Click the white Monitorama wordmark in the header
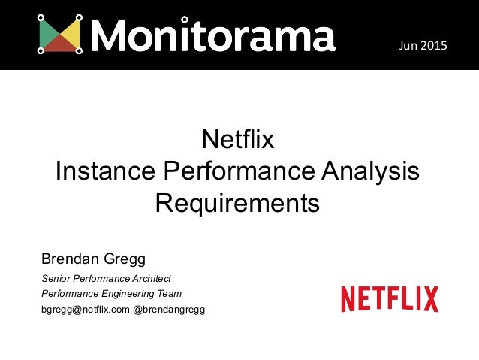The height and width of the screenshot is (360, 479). [x=213, y=35]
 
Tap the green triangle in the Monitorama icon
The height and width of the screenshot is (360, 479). [x=48, y=35]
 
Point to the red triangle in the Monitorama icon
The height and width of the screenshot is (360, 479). [x=61, y=44]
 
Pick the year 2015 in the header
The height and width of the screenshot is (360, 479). [x=432, y=47]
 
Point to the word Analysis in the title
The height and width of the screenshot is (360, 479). [x=367, y=171]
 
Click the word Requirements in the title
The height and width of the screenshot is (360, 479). [x=237, y=203]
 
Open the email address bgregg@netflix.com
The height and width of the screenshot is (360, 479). [x=85, y=310]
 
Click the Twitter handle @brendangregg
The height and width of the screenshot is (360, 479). [x=169, y=310]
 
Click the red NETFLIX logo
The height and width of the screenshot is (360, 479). [x=389, y=299]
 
